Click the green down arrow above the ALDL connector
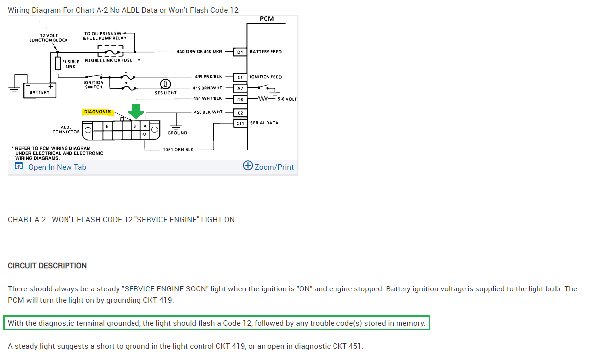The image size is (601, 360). (x=134, y=111)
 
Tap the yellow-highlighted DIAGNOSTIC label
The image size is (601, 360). (x=98, y=112)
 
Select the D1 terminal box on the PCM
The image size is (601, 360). (x=240, y=51)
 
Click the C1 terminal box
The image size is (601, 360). (x=240, y=77)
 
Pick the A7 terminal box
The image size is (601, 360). (x=240, y=88)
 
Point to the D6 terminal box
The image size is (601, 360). (x=240, y=99)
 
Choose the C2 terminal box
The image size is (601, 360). (x=240, y=112)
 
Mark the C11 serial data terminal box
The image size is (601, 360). (x=240, y=123)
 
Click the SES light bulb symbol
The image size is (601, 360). (x=166, y=84)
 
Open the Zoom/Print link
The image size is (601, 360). (x=268, y=166)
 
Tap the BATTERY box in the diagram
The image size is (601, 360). (x=40, y=91)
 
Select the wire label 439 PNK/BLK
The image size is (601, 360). (x=208, y=77)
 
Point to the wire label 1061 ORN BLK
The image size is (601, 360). (x=178, y=149)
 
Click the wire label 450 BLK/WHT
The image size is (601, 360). (x=208, y=112)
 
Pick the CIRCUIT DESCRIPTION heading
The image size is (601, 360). (x=48, y=266)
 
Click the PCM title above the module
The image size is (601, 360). (x=267, y=19)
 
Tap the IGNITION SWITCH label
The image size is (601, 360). (x=94, y=85)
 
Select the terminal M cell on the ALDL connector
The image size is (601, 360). (x=144, y=135)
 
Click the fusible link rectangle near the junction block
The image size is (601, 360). (x=58, y=63)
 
